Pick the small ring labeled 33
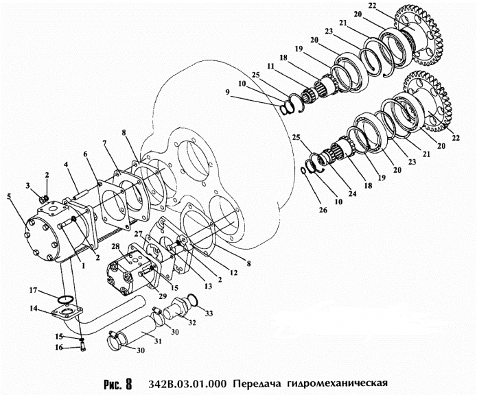(x=194, y=300)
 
